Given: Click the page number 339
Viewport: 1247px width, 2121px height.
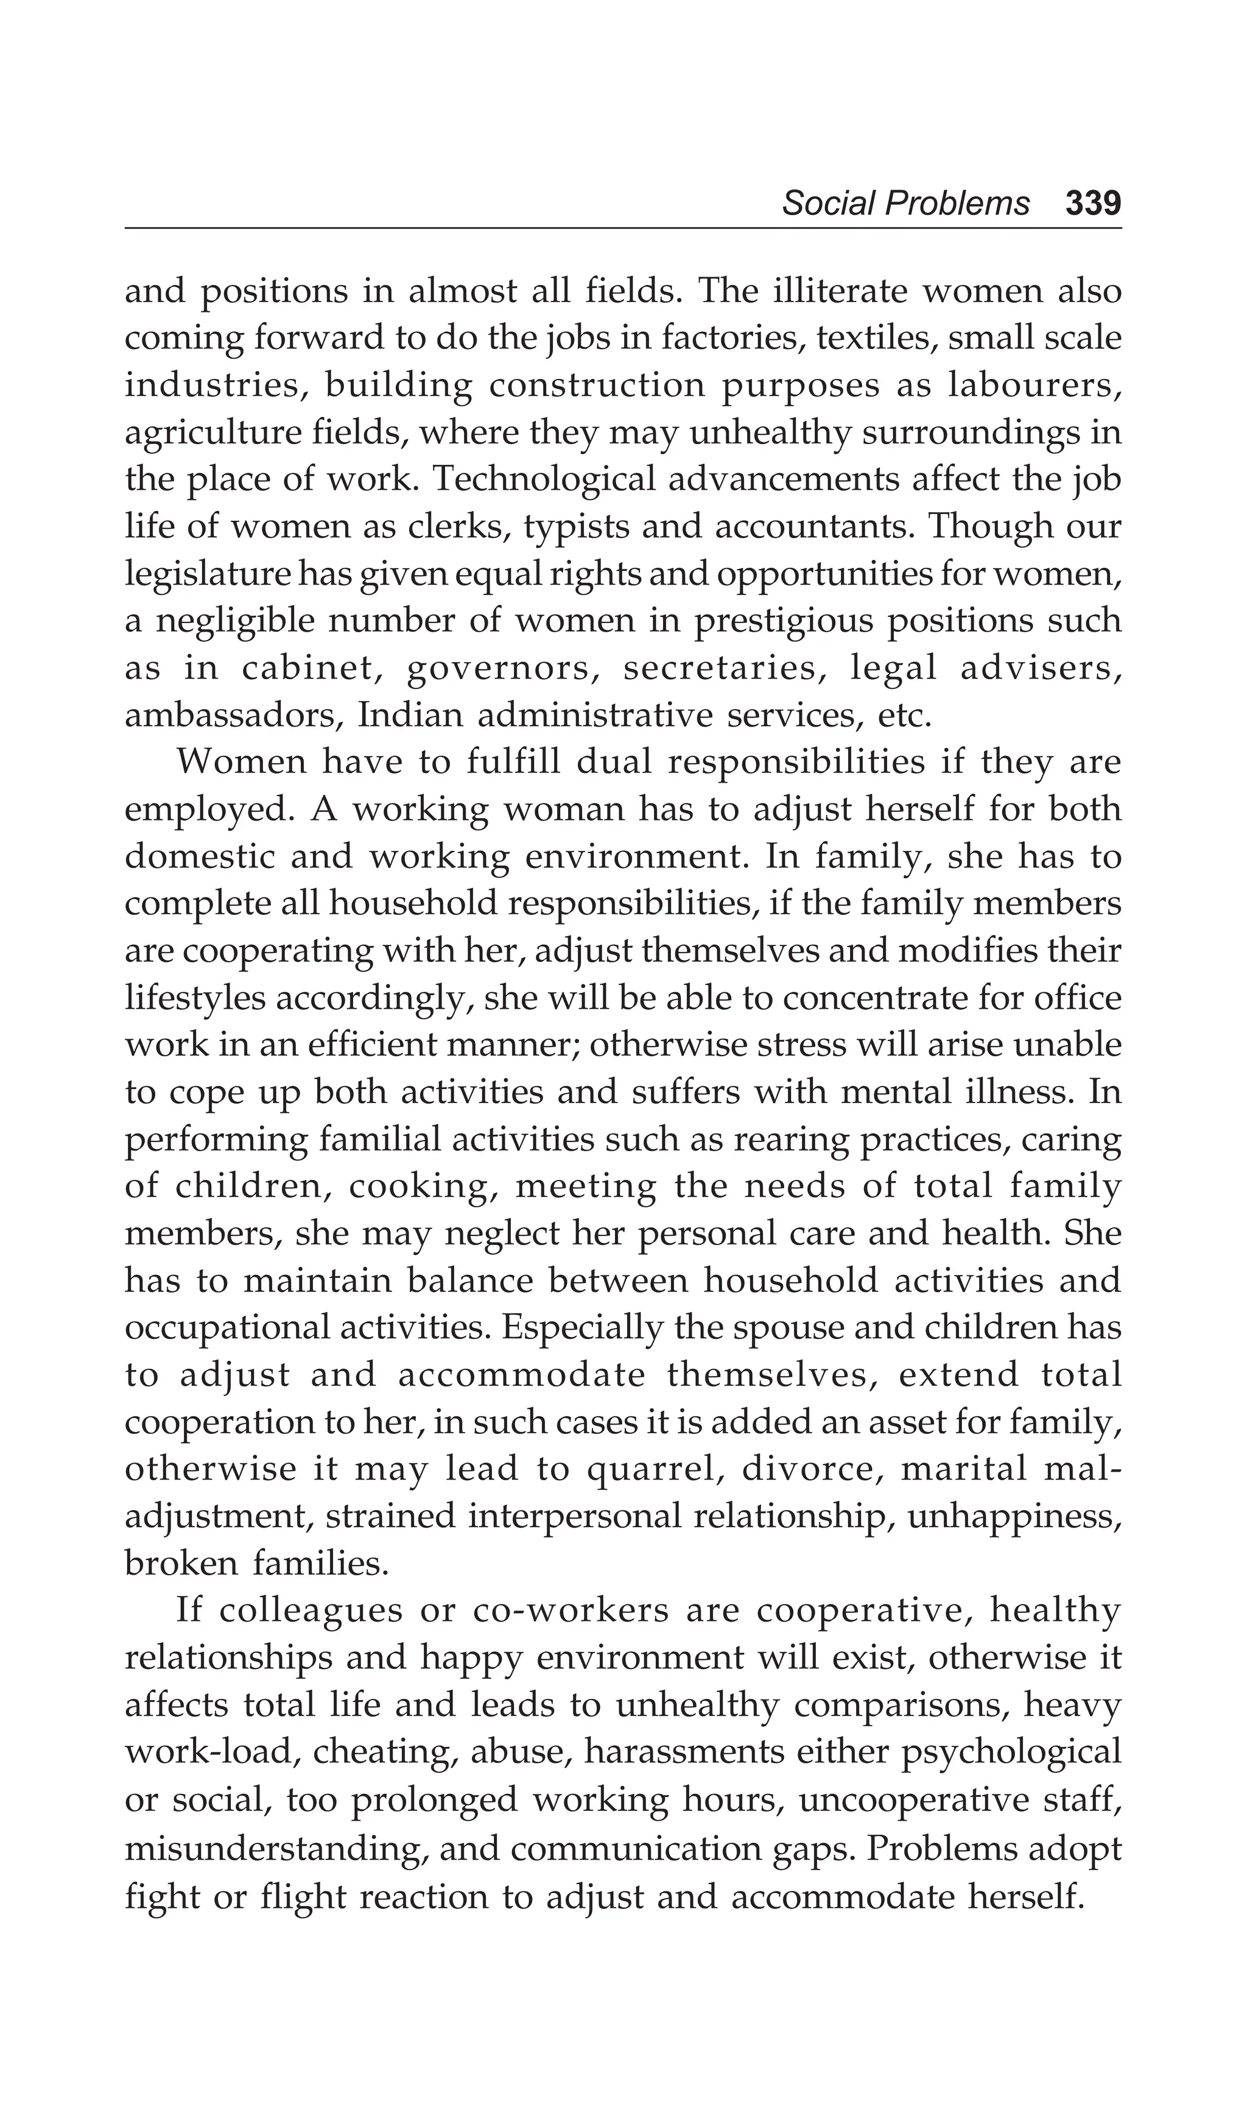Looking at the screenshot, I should click(1092, 203).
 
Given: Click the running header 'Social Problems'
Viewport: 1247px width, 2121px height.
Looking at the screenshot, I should click(905, 203).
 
